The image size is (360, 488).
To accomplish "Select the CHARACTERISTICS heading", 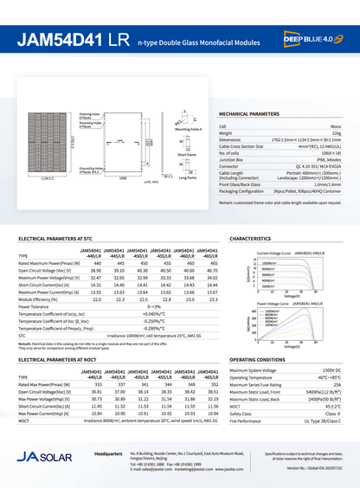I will pyautogui.click(x=251, y=237).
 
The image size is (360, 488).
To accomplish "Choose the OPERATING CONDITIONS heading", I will pyautogui.click(x=257, y=358).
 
